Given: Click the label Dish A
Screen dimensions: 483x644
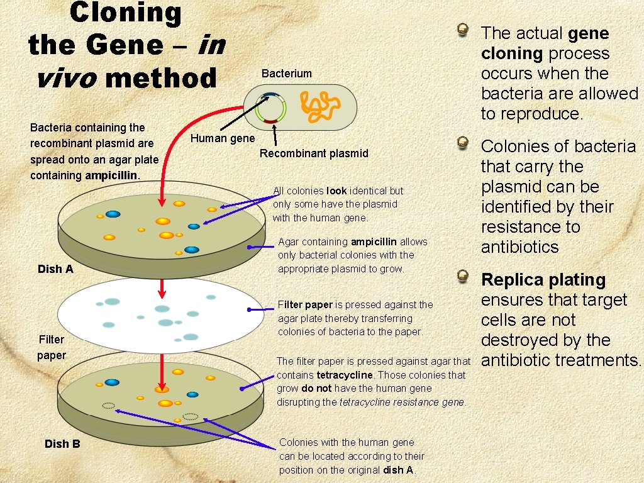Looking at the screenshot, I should point(55,269).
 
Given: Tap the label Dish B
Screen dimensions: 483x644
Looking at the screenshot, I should point(62,444).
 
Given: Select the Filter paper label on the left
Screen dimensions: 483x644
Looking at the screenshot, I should point(52,347).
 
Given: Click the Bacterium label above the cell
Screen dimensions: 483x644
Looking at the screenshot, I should point(287,74).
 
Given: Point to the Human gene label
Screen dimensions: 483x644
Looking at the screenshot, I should point(223,138).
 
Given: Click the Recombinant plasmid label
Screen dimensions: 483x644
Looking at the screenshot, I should point(314,153).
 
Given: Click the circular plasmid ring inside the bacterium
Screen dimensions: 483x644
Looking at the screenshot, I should point(271,108).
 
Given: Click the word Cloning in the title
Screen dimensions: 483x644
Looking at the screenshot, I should point(125,13).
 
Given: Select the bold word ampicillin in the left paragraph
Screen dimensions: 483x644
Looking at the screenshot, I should point(111,175).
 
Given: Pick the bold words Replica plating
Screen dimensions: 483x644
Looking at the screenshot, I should point(543,280).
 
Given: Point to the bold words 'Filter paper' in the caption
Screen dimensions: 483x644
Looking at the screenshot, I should point(305,305).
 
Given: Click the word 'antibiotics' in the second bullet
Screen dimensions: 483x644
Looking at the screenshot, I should point(519,247).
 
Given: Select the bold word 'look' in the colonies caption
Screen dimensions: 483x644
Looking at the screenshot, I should point(336,191).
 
